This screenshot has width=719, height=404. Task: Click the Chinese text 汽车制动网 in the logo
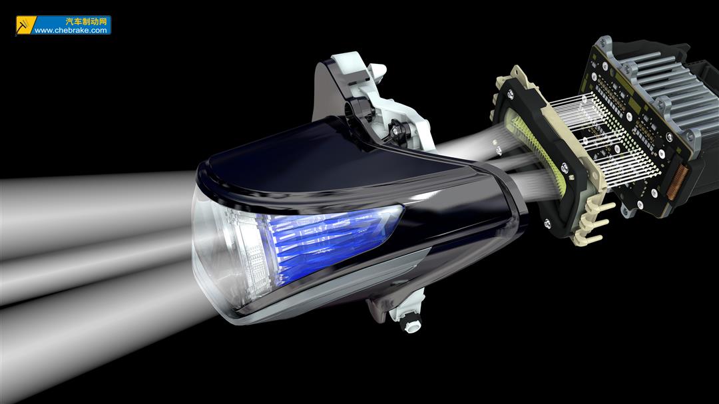(86, 21)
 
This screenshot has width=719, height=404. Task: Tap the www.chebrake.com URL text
(71, 30)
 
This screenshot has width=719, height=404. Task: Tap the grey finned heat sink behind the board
(665, 87)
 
